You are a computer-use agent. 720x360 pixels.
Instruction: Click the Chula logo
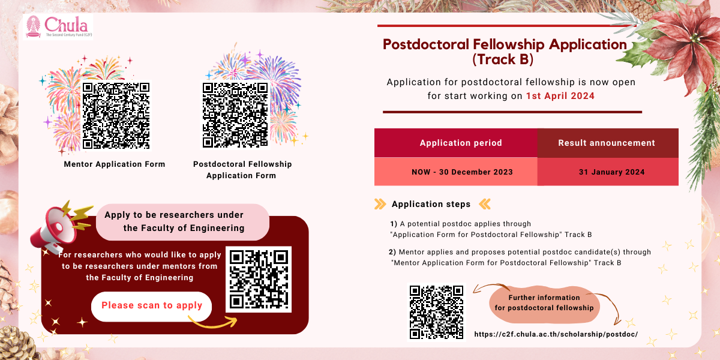[x=58, y=27]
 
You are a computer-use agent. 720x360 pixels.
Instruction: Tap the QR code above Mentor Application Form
[x=116, y=115]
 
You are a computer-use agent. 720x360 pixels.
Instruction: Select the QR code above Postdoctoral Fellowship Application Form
[x=235, y=114]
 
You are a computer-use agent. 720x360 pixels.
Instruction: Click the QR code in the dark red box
[x=259, y=279]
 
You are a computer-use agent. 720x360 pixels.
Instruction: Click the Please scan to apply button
[x=152, y=305]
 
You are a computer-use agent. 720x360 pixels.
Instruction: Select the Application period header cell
[x=461, y=143]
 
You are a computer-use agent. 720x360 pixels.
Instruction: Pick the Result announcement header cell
[x=607, y=143]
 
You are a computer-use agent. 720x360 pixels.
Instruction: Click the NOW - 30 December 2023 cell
[x=462, y=172]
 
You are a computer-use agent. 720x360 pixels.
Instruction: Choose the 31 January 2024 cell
[x=611, y=172]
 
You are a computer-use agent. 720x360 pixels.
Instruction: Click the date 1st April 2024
[x=560, y=96]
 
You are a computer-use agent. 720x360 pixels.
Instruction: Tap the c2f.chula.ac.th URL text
[x=556, y=334]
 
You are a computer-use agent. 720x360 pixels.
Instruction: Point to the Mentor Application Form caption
[x=115, y=164]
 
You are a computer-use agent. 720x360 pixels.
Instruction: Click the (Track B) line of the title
[x=502, y=60]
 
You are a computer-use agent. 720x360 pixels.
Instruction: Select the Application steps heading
[x=431, y=204]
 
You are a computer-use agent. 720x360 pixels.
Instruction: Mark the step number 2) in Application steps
[x=392, y=252]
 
